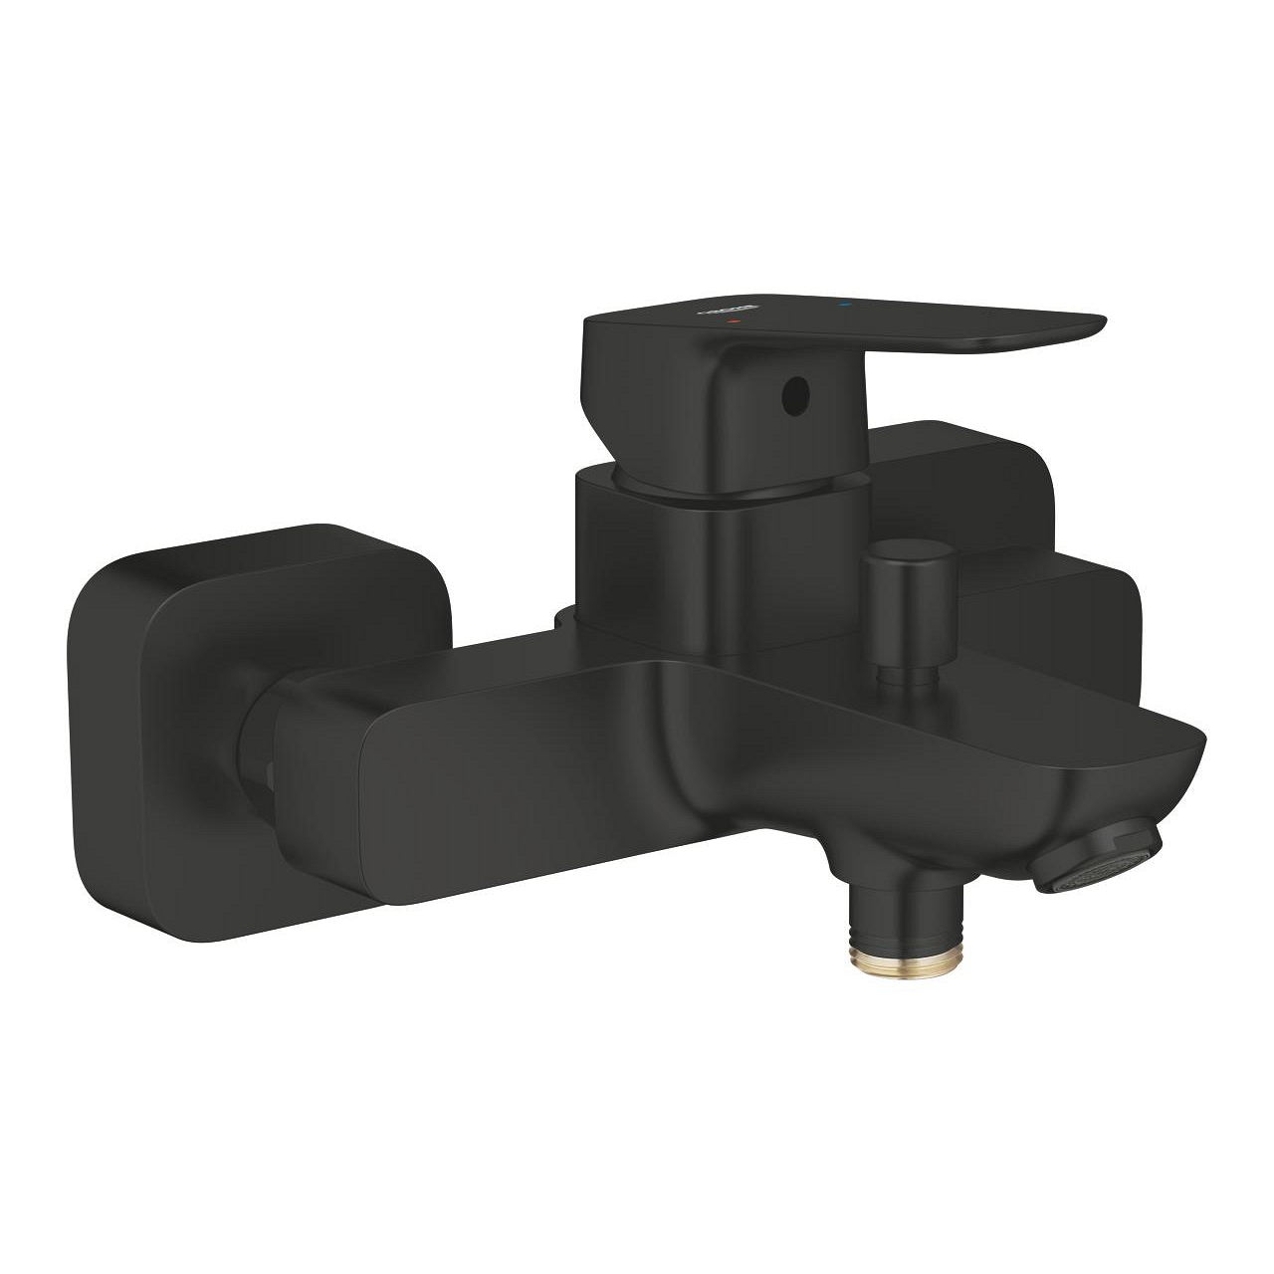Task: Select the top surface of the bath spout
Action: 896,697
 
